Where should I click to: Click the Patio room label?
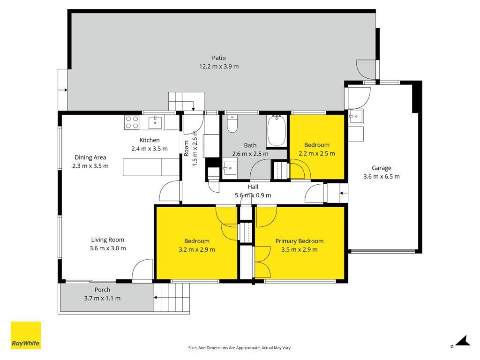[219, 58]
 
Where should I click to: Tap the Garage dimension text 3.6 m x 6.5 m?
[382, 176]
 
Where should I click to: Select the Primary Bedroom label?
[300, 241]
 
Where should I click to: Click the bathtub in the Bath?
[277, 131]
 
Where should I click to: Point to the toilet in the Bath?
[232, 124]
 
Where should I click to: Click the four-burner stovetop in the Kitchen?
[132, 122]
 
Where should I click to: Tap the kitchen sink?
[156, 122]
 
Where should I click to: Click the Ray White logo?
[26, 335]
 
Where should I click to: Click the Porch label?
[102, 290]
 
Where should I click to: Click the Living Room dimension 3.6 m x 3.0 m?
[108, 248]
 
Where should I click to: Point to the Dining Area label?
[90, 157]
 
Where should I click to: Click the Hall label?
[253, 187]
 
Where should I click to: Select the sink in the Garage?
[355, 116]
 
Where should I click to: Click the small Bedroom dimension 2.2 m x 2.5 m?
[317, 153]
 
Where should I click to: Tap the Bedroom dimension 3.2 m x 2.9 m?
[197, 249]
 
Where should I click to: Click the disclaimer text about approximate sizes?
[240, 348]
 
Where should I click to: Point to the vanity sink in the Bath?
[229, 168]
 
